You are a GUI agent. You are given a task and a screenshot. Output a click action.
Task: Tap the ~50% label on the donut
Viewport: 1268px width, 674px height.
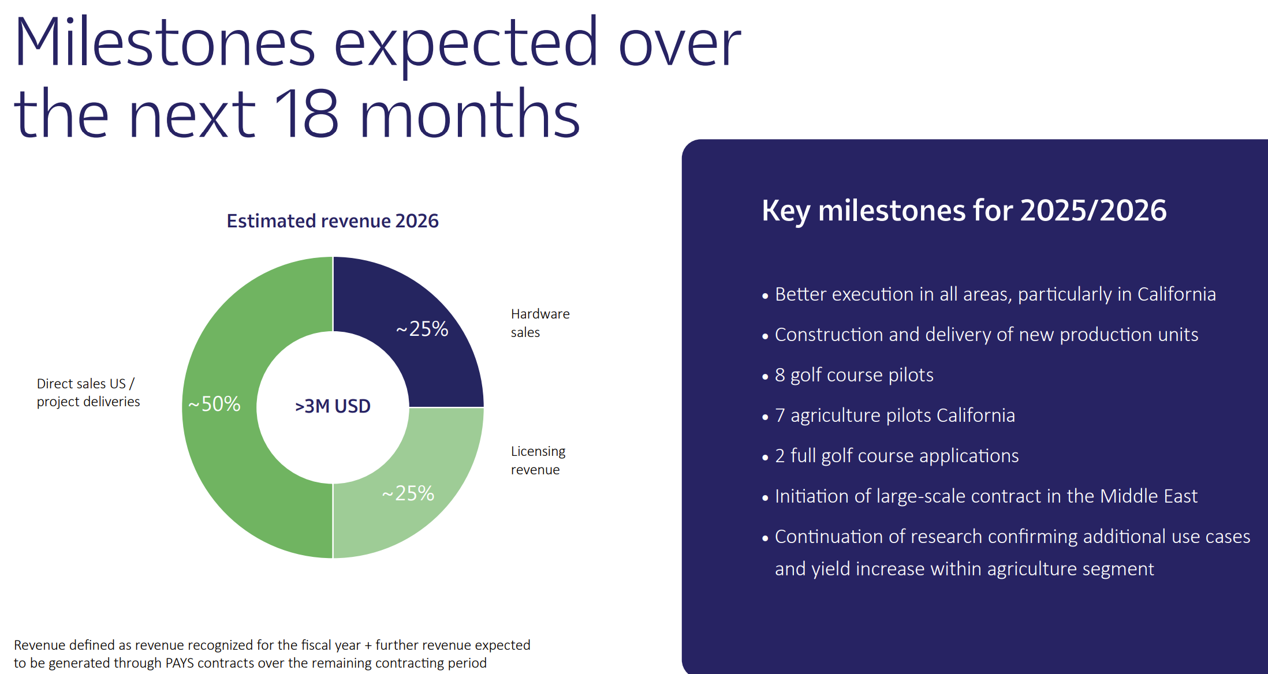(x=215, y=404)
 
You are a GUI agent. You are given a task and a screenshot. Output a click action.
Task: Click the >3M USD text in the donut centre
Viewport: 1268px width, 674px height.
(x=333, y=406)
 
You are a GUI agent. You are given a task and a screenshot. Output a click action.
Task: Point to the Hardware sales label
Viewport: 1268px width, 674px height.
(x=540, y=323)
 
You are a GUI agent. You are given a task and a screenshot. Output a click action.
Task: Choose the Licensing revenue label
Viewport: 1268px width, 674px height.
(x=538, y=460)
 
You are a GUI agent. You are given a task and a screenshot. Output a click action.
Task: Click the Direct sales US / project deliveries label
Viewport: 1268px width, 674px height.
(x=88, y=392)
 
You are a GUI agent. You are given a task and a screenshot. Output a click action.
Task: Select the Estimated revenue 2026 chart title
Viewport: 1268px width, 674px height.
(x=332, y=221)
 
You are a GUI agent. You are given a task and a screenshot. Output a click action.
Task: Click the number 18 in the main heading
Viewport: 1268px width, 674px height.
(x=306, y=114)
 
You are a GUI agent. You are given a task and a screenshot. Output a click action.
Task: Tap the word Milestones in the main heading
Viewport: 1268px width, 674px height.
(x=165, y=43)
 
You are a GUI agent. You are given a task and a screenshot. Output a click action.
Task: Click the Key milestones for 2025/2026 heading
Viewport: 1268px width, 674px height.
(x=964, y=211)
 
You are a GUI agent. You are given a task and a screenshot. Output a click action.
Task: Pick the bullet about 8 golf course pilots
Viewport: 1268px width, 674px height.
(x=853, y=375)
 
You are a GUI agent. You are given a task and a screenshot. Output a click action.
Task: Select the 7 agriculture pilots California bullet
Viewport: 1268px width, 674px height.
(x=894, y=415)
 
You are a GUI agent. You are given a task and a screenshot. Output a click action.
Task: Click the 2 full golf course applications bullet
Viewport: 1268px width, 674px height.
(x=896, y=456)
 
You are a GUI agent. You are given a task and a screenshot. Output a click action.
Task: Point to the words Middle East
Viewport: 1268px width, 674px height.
(x=1148, y=496)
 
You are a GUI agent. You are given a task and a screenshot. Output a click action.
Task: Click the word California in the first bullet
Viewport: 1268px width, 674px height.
(x=1176, y=294)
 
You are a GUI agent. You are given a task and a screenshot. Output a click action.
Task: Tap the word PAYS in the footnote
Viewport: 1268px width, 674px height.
(x=180, y=663)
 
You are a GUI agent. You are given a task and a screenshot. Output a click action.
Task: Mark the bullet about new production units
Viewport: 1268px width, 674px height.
(x=986, y=335)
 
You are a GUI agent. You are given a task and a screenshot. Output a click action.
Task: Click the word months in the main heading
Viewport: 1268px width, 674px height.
(x=469, y=114)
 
